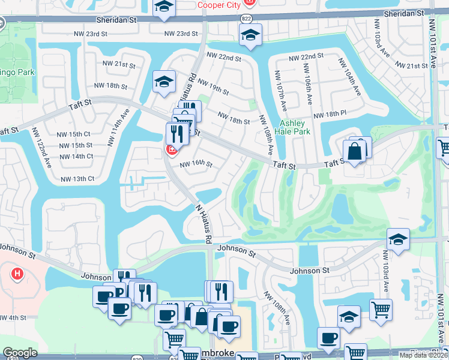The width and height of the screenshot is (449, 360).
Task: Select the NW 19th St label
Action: pos(212,87)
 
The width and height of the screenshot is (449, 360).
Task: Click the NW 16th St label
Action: pos(197,163)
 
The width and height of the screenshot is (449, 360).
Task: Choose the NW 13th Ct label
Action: pos(77,178)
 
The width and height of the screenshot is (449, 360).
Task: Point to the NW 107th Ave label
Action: pos(280,90)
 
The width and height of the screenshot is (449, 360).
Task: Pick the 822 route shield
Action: pos(247,19)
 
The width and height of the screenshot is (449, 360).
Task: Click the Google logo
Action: pos(20,353)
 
